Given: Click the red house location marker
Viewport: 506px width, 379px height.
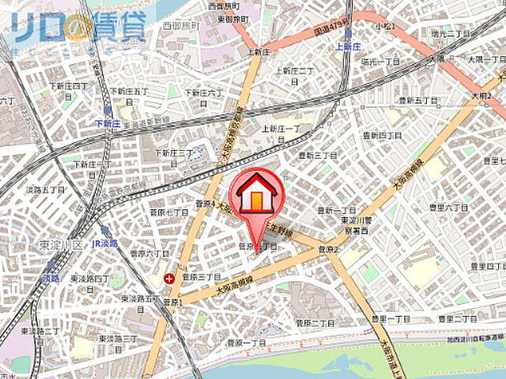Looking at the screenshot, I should [x=255, y=196].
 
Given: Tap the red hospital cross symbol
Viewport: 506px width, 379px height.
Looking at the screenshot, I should [x=170, y=278].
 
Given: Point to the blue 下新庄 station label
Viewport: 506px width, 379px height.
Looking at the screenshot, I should [x=108, y=123].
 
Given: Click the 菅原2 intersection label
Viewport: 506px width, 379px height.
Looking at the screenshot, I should [x=328, y=251].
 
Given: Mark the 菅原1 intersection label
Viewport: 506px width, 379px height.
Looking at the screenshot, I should [x=173, y=302].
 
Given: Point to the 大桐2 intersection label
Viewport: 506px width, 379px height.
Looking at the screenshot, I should [x=481, y=96].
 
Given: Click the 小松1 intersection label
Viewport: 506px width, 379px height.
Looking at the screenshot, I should [x=386, y=26].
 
